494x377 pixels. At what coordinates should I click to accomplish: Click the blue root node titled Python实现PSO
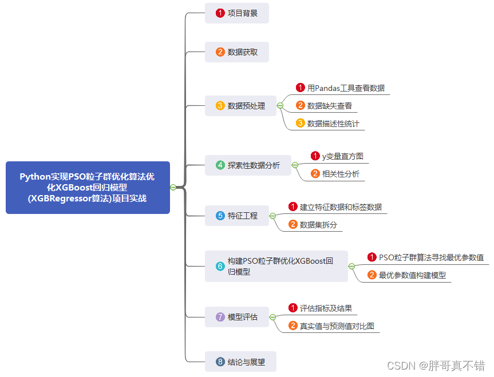(x=88, y=188)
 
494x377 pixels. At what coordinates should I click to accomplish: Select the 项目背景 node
(x=236, y=13)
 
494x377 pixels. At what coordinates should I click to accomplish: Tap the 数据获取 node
(x=236, y=52)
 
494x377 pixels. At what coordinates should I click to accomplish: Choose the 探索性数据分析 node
(x=248, y=165)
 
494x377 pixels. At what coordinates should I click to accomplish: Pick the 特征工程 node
(x=236, y=216)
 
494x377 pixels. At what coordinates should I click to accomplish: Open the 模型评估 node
(x=236, y=317)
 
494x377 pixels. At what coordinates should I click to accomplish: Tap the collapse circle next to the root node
(x=173, y=187)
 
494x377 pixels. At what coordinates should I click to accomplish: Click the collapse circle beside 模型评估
(x=272, y=317)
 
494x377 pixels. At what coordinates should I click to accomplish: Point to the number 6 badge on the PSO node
(x=220, y=266)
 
